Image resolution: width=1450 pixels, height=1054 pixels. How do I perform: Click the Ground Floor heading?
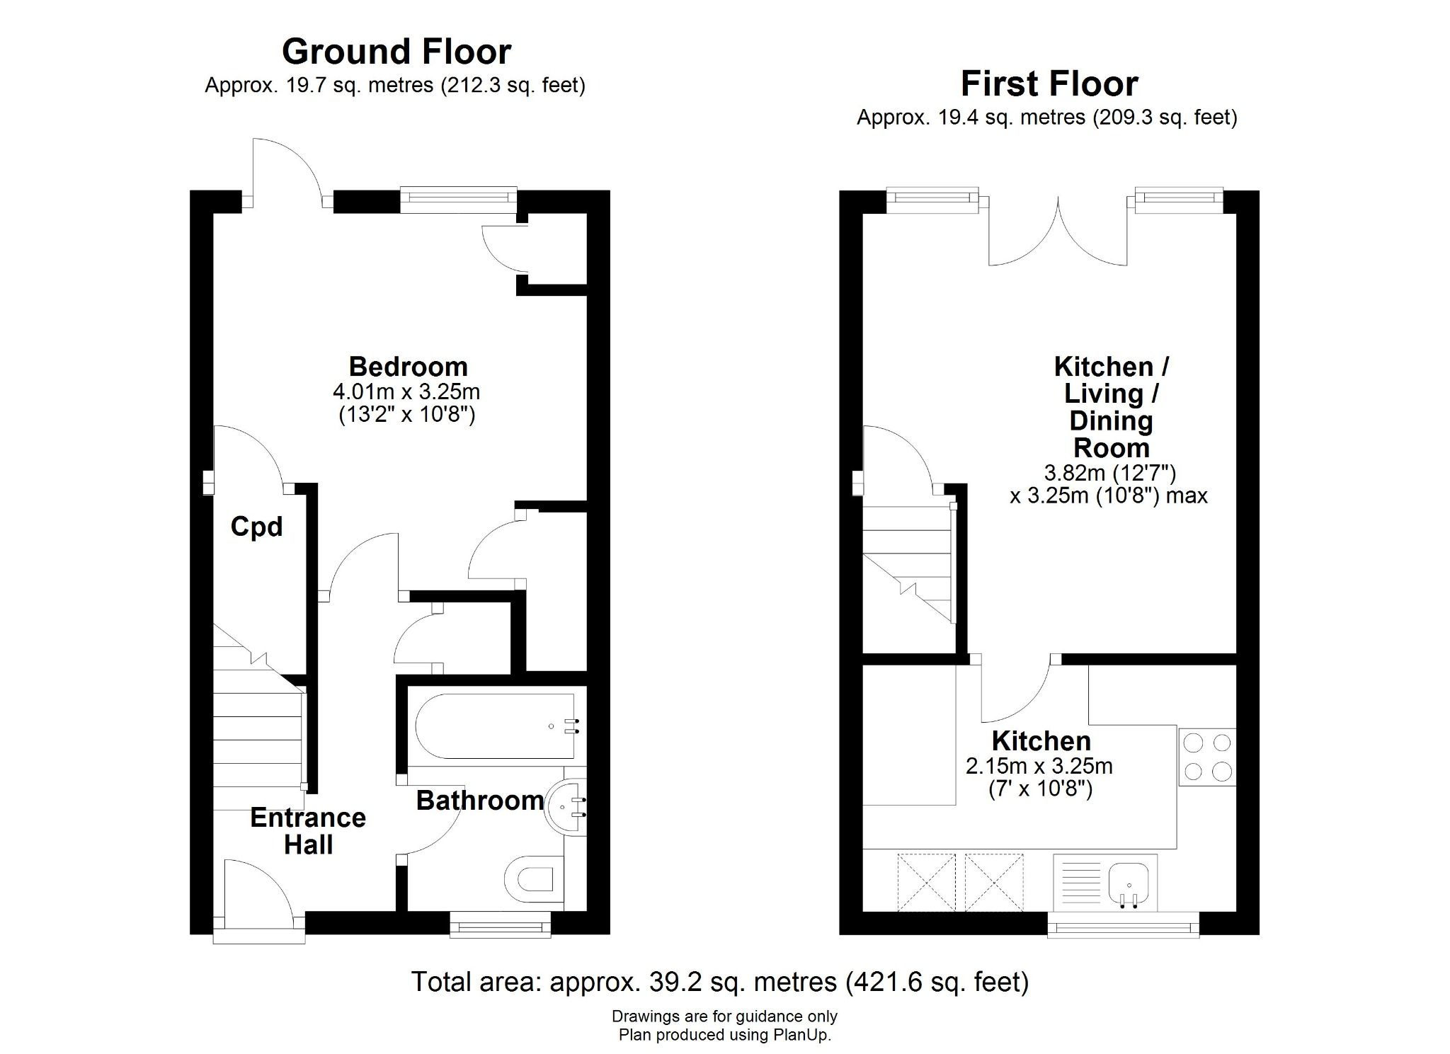tap(396, 52)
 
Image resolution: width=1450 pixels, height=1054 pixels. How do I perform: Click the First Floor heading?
tap(1049, 84)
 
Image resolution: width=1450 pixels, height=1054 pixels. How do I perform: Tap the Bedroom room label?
tap(408, 367)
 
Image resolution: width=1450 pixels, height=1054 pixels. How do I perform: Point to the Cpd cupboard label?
tap(256, 527)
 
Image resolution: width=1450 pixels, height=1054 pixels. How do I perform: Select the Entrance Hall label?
tap(308, 831)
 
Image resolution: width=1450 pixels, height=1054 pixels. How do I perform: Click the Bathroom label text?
tap(480, 801)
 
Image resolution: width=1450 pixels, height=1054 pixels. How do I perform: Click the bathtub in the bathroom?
tap(496, 726)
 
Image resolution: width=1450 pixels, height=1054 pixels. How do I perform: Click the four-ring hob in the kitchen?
tap(1207, 757)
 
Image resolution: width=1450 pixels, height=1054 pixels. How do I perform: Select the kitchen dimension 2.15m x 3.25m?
tap(1039, 766)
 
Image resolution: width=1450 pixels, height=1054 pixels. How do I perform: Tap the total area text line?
tap(719, 982)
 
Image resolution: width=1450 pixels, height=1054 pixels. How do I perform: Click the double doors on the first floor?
tap(1058, 234)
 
